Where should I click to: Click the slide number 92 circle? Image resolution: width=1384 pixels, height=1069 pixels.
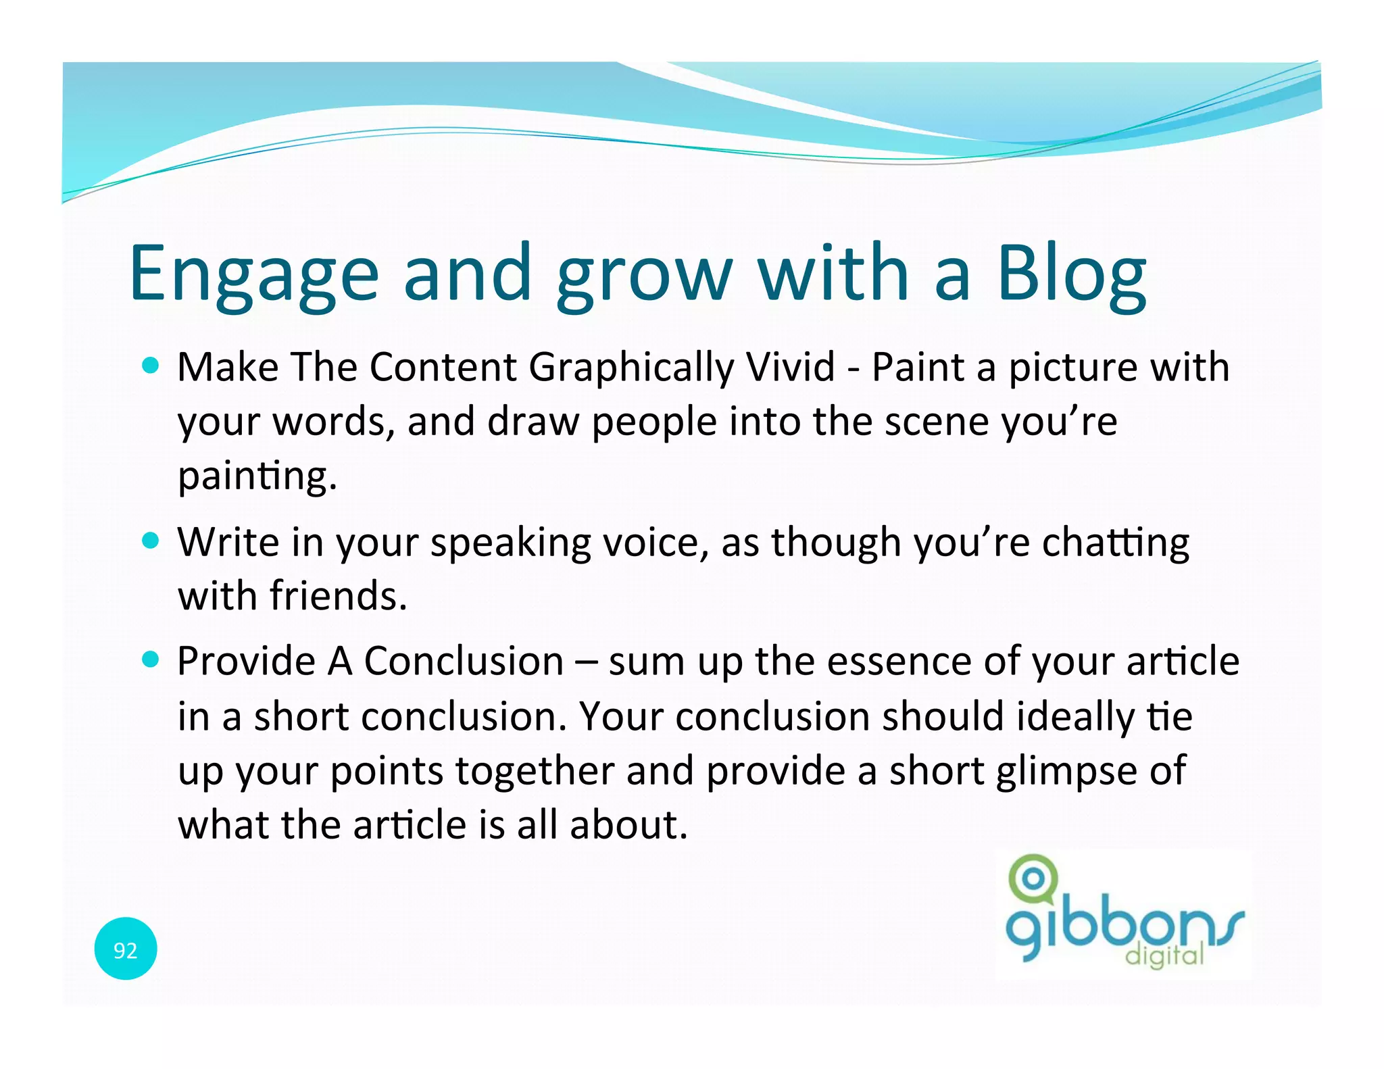tap(126, 949)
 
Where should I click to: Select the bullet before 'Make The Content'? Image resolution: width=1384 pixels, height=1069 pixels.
tap(151, 366)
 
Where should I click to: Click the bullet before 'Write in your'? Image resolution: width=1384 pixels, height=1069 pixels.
tap(151, 541)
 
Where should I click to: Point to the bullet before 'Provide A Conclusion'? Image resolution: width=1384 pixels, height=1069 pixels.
tap(151, 660)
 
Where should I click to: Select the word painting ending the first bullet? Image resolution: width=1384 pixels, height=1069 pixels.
tap(257, 477)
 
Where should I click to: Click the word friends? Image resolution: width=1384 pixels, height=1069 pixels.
tap(338, 596)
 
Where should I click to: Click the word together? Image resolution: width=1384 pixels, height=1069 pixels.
tap(535, 772)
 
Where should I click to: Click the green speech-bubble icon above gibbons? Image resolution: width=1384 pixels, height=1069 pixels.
tap(1032, 879)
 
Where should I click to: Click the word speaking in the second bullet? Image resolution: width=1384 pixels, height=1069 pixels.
tap(510, 543)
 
